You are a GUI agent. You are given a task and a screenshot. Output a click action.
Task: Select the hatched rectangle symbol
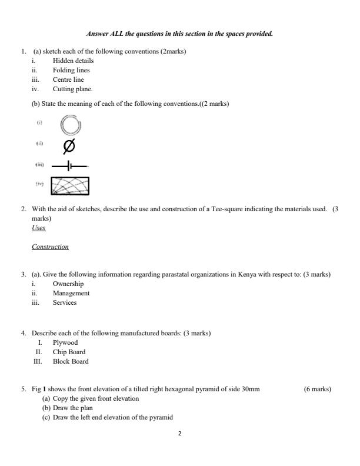[71, 186]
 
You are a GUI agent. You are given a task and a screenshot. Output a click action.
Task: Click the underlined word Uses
[38, 228]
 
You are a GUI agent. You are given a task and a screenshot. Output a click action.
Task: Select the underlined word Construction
[50, 247]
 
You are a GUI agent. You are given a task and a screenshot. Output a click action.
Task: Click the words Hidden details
[73, 61]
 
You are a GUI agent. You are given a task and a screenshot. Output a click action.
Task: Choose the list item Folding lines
[71, 70]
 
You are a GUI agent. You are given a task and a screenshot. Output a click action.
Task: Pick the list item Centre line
[68, 79]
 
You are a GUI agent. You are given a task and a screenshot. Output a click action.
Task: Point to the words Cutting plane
[72, 89]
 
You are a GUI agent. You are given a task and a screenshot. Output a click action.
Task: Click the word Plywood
[65, 342]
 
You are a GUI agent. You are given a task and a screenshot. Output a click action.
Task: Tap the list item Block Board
[71, 361]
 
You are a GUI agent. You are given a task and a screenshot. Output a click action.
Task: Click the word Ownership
[68, 284]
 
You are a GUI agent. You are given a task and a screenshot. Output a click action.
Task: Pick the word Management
[71, 293]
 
